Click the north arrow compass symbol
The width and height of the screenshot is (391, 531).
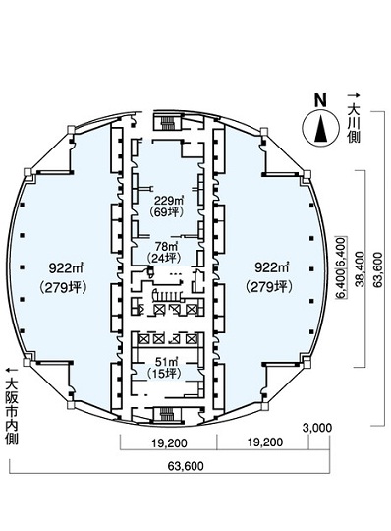(x=320, y=130)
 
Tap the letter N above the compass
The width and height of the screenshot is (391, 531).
(x=320, y=100)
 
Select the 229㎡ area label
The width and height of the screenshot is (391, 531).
(x=166, y=200)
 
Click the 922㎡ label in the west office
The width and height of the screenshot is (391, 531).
(x=66, y=268)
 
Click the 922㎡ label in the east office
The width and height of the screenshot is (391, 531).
(x=271, y=268)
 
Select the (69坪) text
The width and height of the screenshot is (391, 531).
(x=166, y=212)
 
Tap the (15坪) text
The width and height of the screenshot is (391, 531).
(x=164, y=374)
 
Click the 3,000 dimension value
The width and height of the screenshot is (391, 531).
(x=317, y=428)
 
